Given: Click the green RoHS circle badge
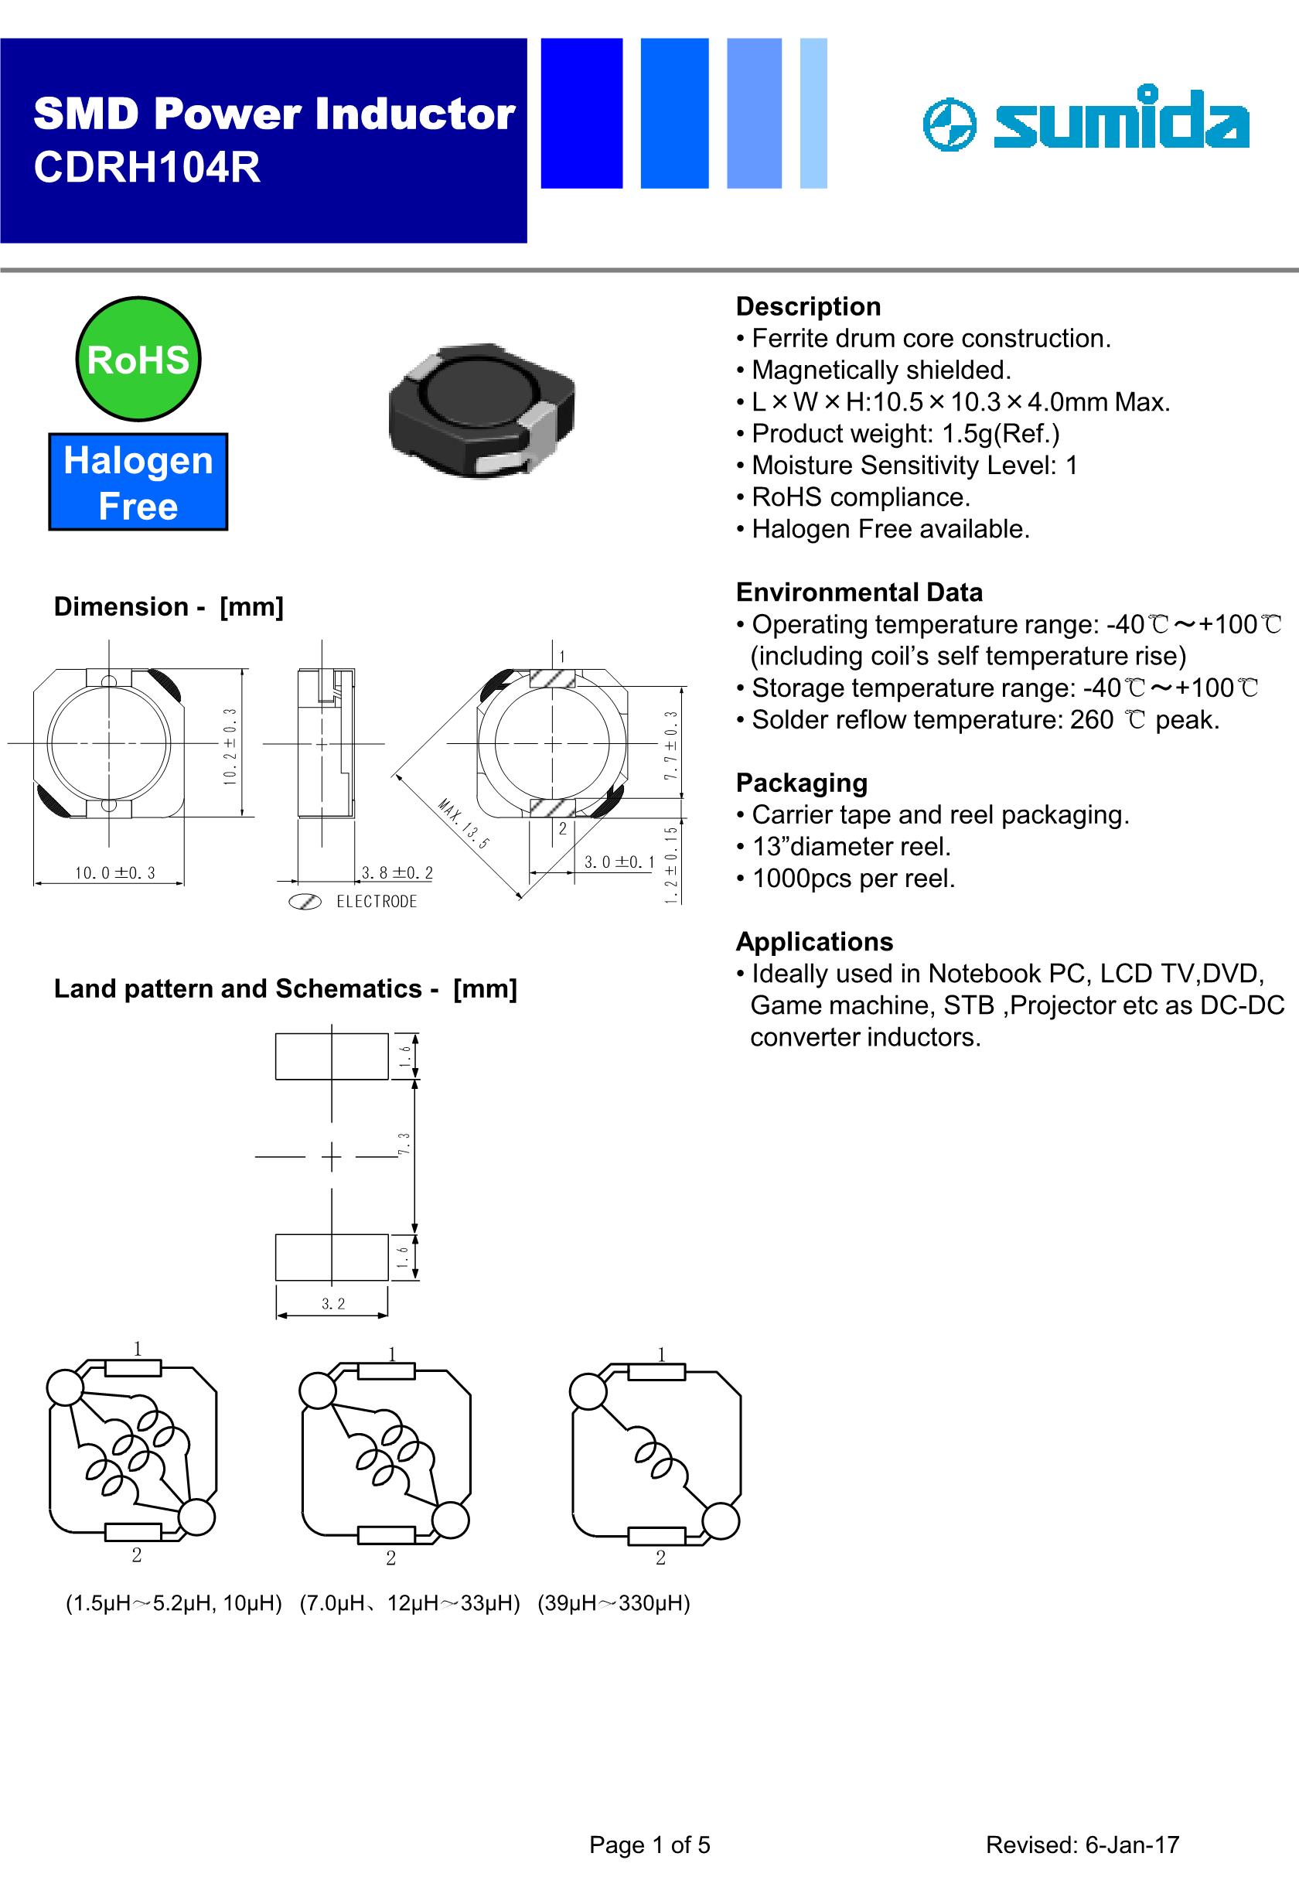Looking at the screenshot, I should (x=138, y=359).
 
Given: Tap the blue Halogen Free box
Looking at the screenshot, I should (x=138, y=482).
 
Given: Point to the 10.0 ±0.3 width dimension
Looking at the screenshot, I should (x=114, y=873).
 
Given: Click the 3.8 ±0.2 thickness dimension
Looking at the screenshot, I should (x=397, y=873).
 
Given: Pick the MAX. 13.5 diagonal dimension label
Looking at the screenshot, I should (x=463, y=824).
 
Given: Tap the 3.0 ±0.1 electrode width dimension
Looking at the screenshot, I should (x=619, y=862).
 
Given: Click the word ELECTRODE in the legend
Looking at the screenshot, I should (x=376, y=902).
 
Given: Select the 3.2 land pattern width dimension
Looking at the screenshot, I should (x=333, y=1303).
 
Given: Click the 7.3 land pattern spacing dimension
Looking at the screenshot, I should (x=404, y=1144).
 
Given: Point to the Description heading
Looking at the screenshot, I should (x=807, y=306).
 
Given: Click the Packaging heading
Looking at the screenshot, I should (x=801, y=782).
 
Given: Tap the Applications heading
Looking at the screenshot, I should (x=814, y=941).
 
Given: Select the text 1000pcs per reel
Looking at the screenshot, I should (x=853, y=879).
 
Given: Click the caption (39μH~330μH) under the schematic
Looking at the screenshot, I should (x=614, y=1602).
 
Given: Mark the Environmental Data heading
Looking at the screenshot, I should (x=859, y=592).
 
